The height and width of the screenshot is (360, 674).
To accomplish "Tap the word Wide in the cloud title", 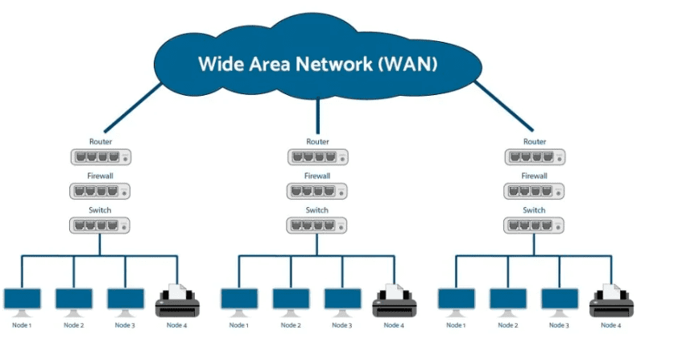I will (221, 64).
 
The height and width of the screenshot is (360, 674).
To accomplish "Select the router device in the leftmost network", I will (101, 158).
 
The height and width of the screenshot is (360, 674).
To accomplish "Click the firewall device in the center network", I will (317, 192).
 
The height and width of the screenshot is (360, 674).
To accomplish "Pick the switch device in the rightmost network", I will (535, 226).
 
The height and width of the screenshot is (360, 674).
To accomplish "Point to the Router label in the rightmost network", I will (535, 142).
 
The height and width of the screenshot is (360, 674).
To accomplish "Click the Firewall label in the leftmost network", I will (101, 175).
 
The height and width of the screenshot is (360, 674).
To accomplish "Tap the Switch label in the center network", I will (317, 209).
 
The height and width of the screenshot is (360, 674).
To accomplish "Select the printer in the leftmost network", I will (177, 301).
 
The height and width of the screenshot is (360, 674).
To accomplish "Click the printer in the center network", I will (394, 301).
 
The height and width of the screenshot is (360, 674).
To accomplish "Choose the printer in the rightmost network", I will (611, 301).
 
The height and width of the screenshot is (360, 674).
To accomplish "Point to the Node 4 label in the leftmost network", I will (177, 325).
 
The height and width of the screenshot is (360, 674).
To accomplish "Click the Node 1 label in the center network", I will (239, 325).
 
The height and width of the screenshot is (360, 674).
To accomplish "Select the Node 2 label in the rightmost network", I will (508, 325).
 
